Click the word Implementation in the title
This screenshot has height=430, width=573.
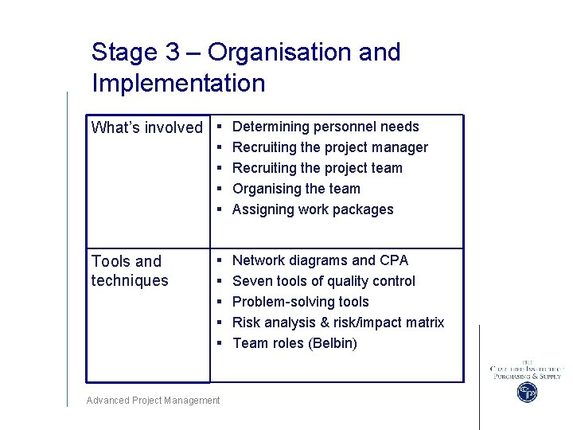pyautogui.click(x=178, y=83)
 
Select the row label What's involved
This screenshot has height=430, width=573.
pyautogui.click(x=147, y=127)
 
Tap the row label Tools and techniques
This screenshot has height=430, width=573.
pyautogui.click(x=130, y=271)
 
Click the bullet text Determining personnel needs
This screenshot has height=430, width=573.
pyautogui.click(x=325, y=127)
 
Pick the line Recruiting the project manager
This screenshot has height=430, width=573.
pyautogui.click(x=329, y=147)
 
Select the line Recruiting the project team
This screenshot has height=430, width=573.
pyautogui.click(x=317, y=168)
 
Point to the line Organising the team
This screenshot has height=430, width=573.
pyautogui.click(x=296, y=189)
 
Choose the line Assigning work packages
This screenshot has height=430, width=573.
pyautogui.click(x=313, y=209)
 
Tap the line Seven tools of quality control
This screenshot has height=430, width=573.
pyautogui.click(x=323, y=281)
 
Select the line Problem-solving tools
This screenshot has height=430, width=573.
pyautogui.click(x=300, y=302)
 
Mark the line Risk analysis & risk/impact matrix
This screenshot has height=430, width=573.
pyautogui.click(x=337, y=322)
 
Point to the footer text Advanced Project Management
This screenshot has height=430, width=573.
pyautogui.click(x=153, y=401)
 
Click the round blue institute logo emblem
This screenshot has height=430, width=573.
pyautogui.click(x=527, y=392)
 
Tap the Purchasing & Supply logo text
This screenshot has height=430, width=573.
pyautogui.click(x=527, y=376)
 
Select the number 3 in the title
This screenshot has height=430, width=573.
pyautogui.click(x=173, y=53)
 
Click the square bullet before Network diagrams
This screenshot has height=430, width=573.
pyautogui.click(x=219, y=260)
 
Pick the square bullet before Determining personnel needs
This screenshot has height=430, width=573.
pyautogui.click(x=219, y=127)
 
